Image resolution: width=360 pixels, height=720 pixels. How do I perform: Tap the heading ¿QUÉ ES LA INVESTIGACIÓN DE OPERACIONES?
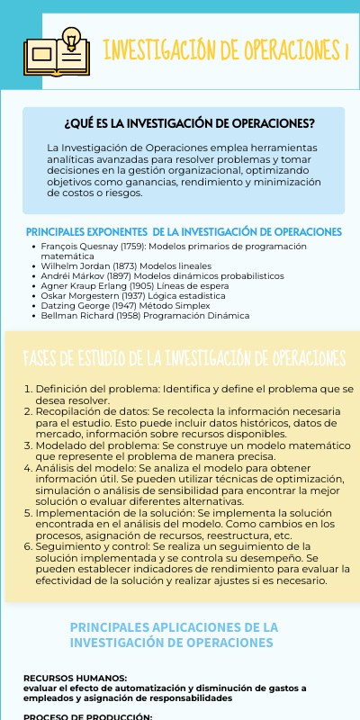(189, 123)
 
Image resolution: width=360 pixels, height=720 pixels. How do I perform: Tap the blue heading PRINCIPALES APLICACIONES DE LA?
(174, 626)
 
